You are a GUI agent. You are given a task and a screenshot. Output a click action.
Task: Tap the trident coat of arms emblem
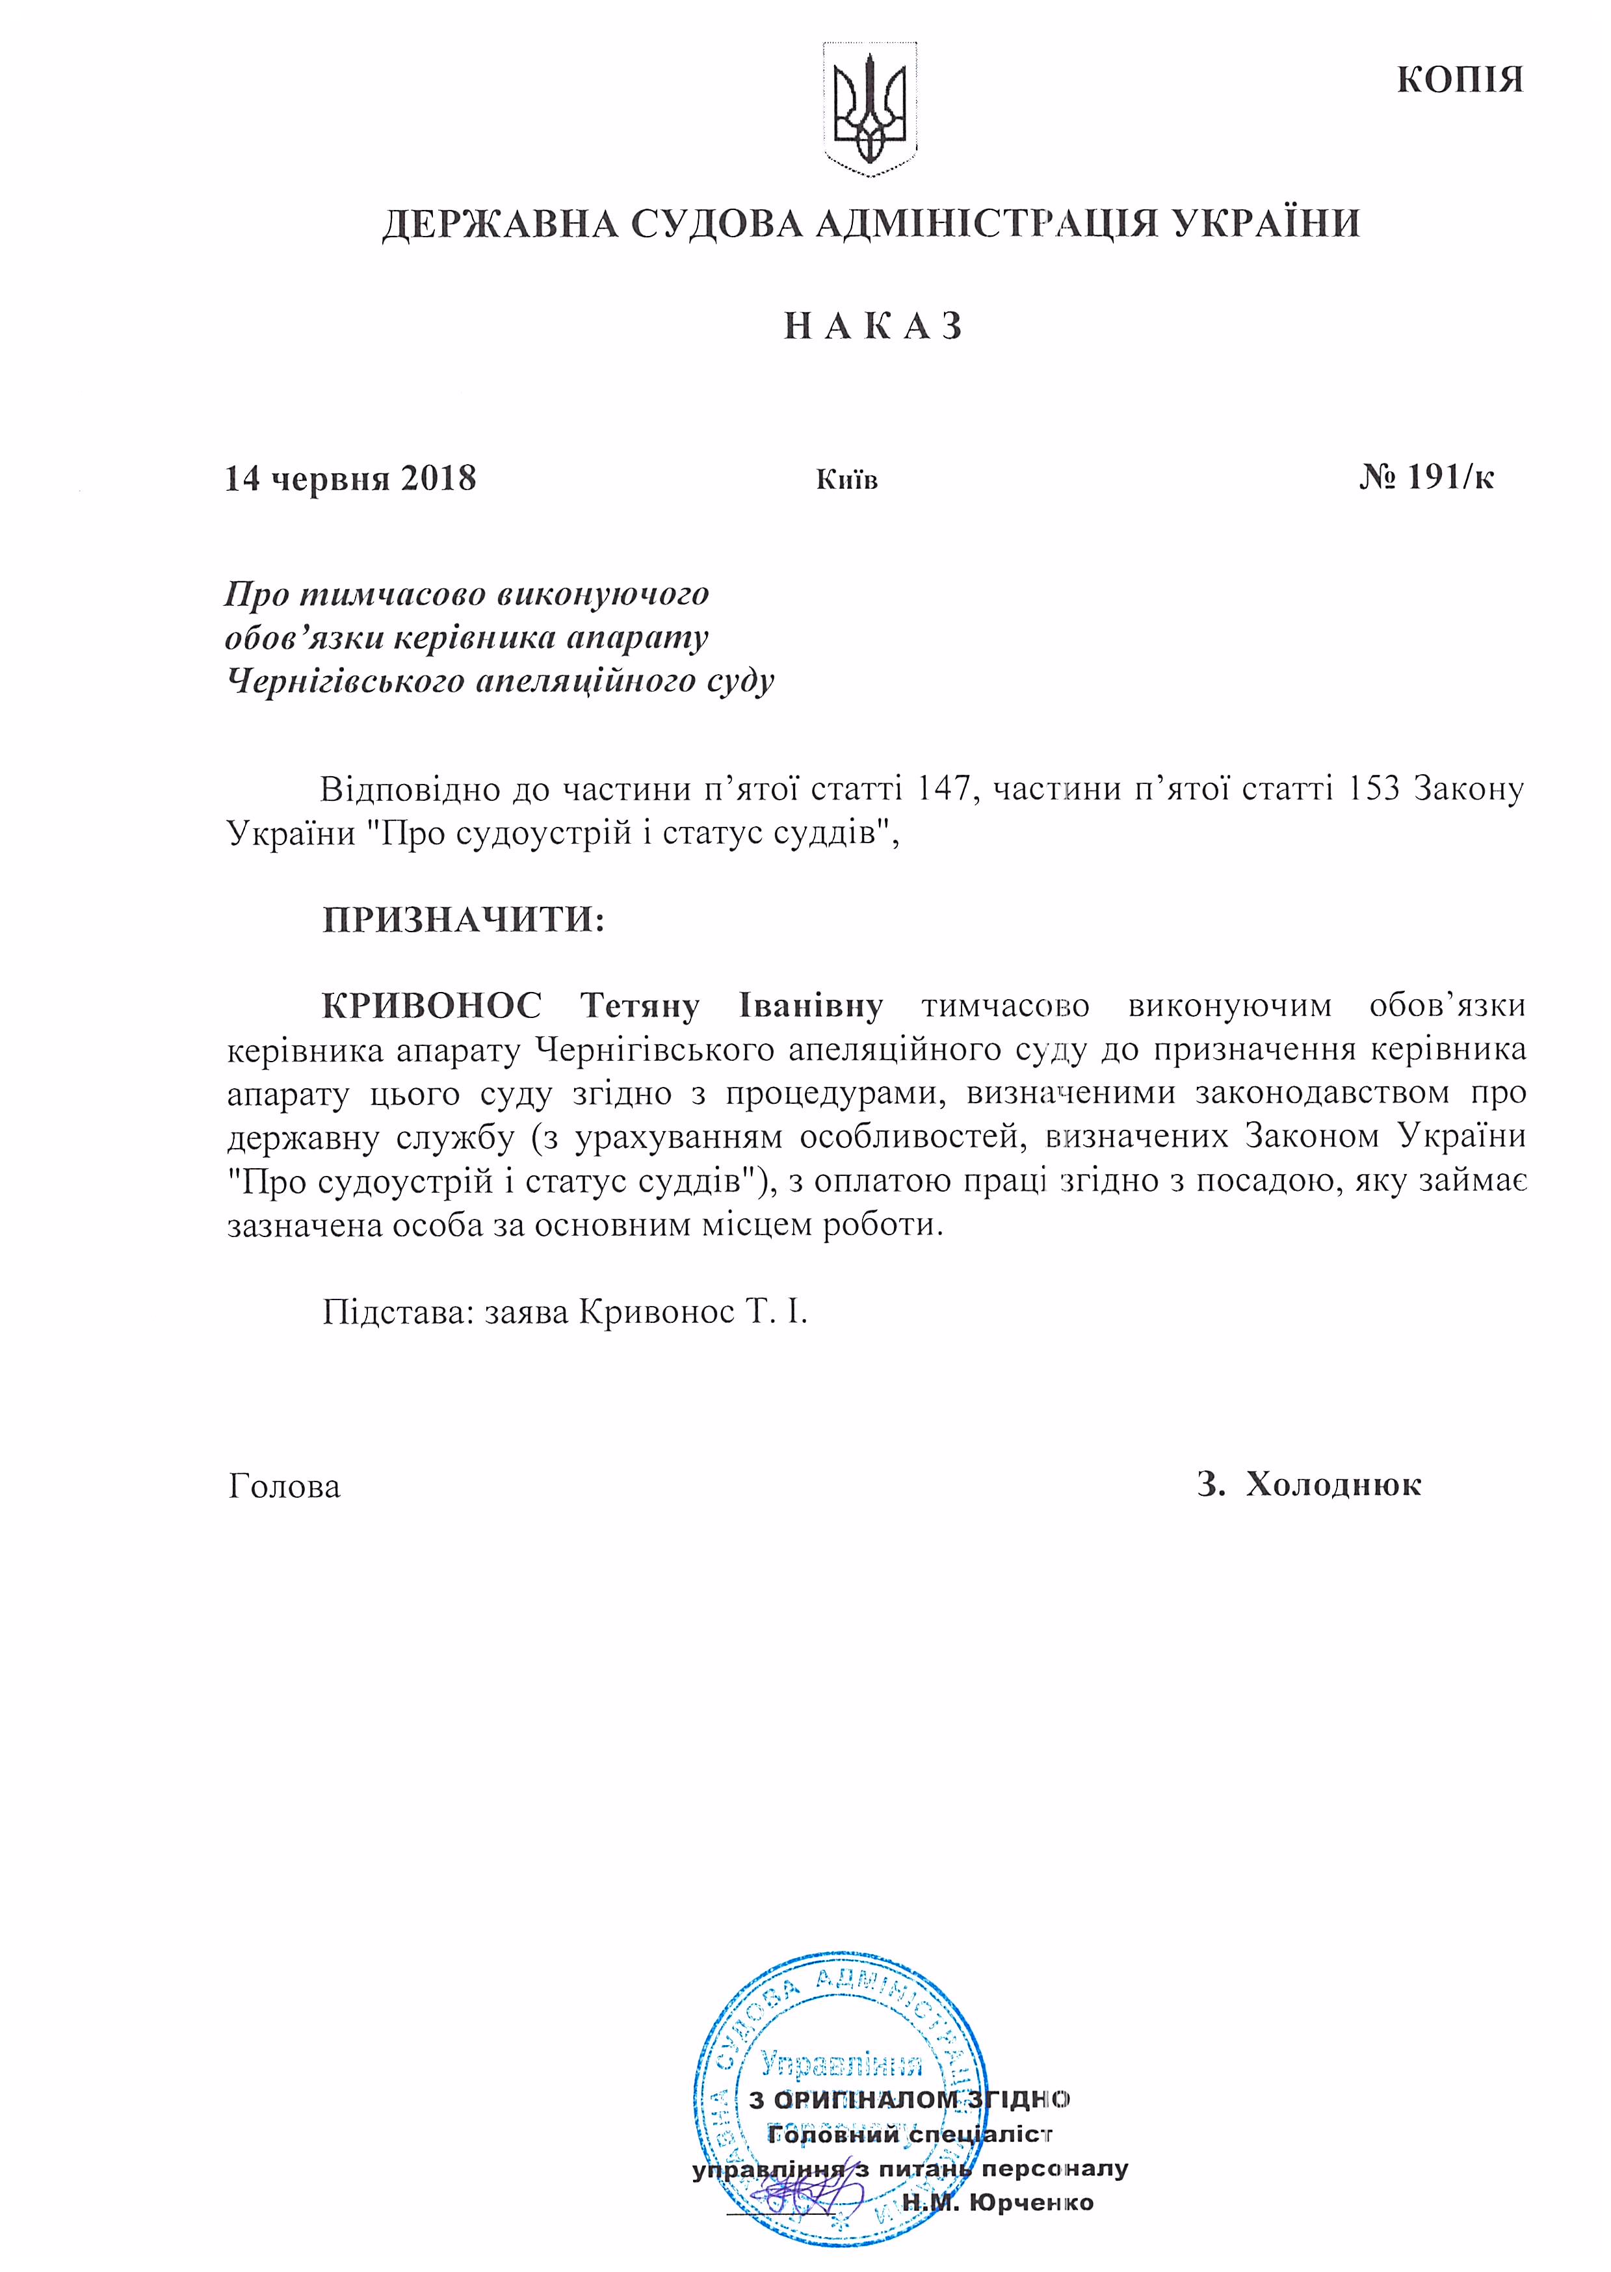pyautogui.click(x=870, y=109)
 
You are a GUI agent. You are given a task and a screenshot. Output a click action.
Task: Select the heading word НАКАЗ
pyautogui.click(x=873, y=326)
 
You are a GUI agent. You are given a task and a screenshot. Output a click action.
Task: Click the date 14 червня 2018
pyautogui.click(x=350, y=479)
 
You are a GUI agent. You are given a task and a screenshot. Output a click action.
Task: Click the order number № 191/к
pyautogui.click(x=1426, y=478)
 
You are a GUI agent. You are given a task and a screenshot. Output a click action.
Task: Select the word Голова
pyautogui.click(x=283, y=1485)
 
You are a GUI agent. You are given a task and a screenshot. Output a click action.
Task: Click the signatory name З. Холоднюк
pyautogui.click(x=1309, y=1485)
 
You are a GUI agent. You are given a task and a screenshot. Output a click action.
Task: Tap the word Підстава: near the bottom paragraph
pyautogui.click(x=394, y=1313)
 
